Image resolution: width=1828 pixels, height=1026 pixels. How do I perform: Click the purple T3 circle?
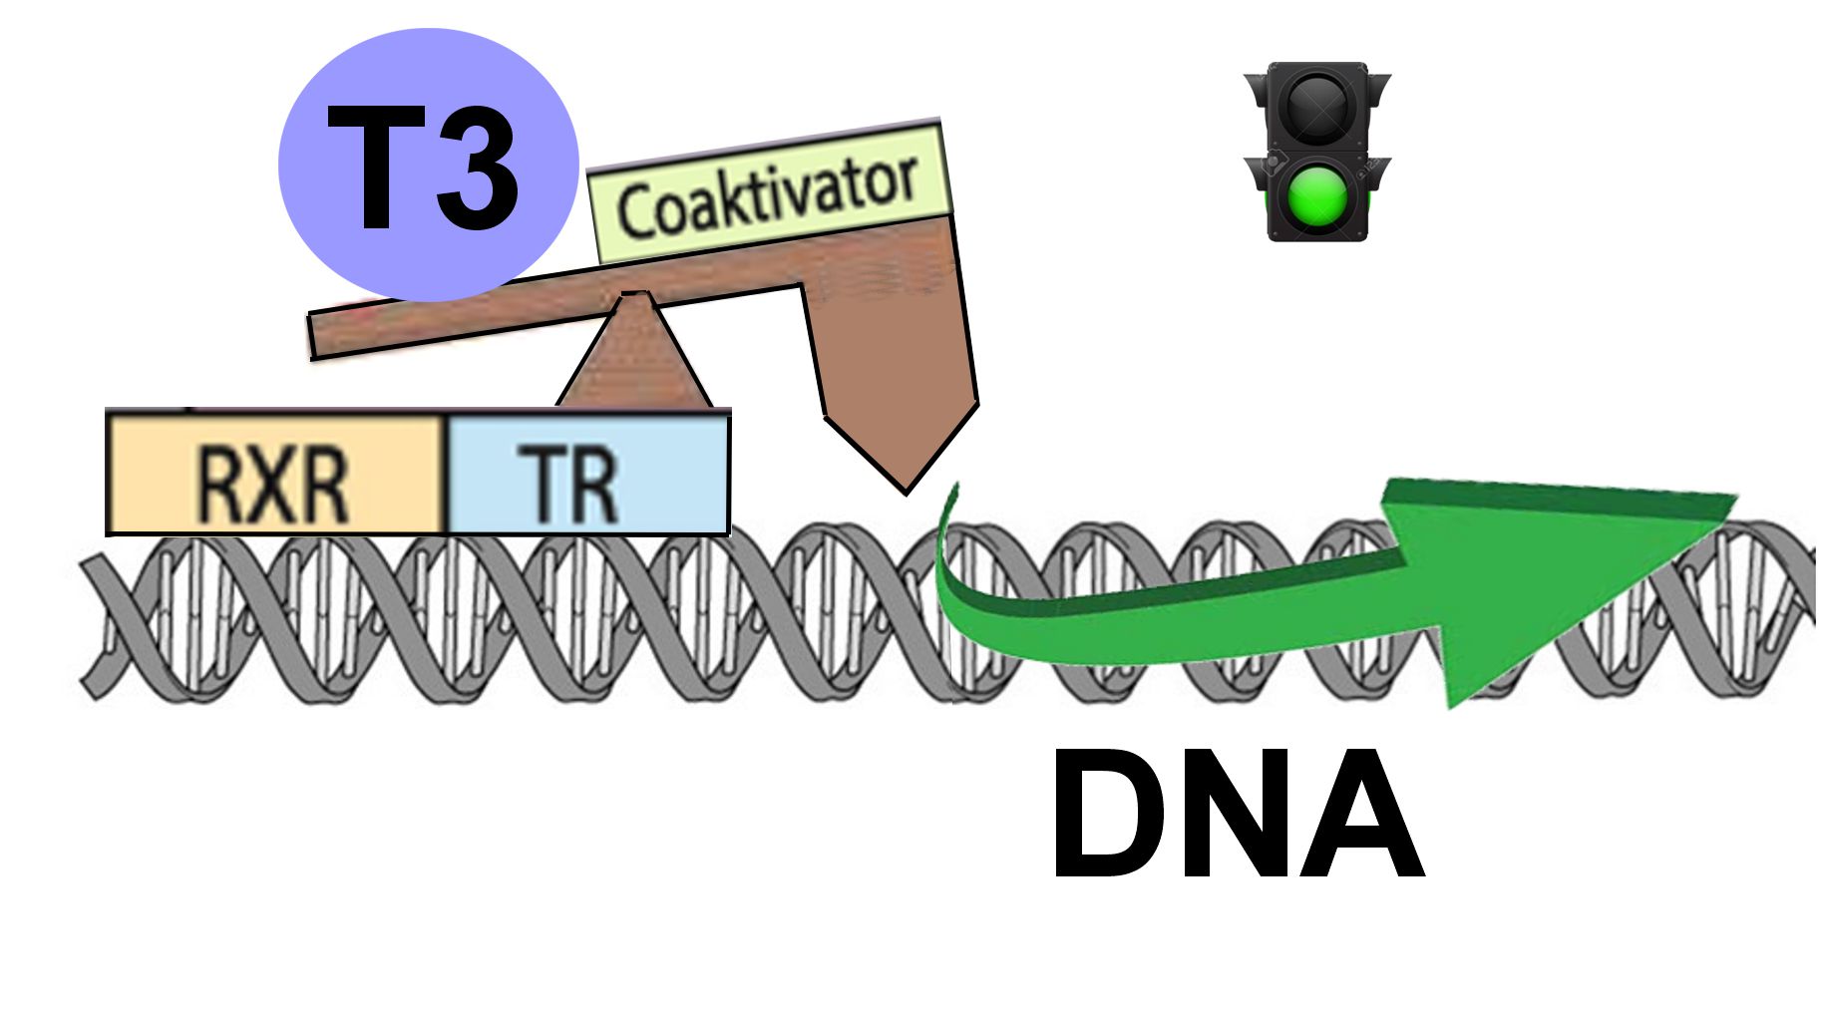[x=429, y=165]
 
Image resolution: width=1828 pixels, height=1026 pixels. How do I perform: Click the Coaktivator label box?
[x=769, y=191]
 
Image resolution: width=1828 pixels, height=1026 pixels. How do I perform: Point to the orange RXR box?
[x=276, y=473]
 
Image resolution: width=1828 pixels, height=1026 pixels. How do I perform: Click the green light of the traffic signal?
[x=1316, y=195]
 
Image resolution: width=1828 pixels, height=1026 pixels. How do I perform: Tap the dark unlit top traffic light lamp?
[x=1316, y=104]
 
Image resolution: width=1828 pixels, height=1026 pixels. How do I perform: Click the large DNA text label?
[x=1237, y=814]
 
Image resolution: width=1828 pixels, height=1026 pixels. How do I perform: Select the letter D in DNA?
[x=1109, y=814]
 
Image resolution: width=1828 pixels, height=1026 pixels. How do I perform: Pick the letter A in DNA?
[x=1360, y=814]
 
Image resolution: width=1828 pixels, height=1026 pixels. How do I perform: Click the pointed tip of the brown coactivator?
[x=906, y=492]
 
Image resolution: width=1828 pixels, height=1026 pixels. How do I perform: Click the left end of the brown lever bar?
[x=313, y=337]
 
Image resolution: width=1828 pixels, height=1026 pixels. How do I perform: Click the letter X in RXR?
[x=273, y=486]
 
